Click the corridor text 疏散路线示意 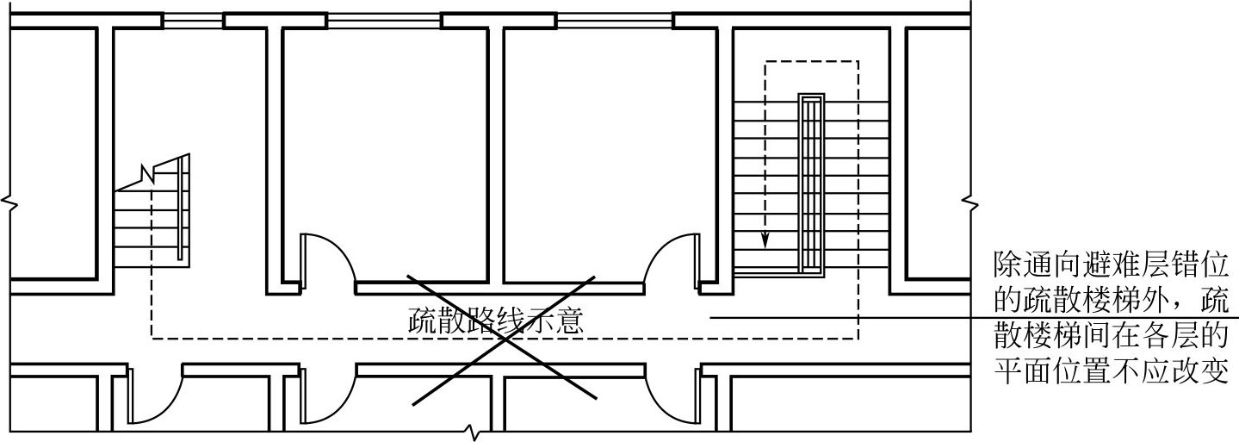tap(497, 321)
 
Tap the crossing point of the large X tap(504, 339)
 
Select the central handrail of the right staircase tap(809, 182)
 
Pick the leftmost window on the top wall tap(193, 21)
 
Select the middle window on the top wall tap(384, 21)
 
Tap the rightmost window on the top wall tap(614, 21)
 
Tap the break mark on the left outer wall tap(9, 204)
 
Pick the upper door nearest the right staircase tap(672, 258)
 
